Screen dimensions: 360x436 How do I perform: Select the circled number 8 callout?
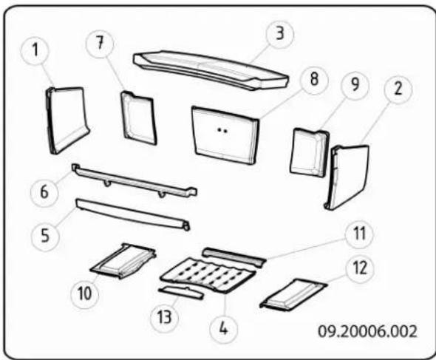[x=315, y=81]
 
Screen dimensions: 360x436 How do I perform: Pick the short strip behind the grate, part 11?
[x=234, y=255]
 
